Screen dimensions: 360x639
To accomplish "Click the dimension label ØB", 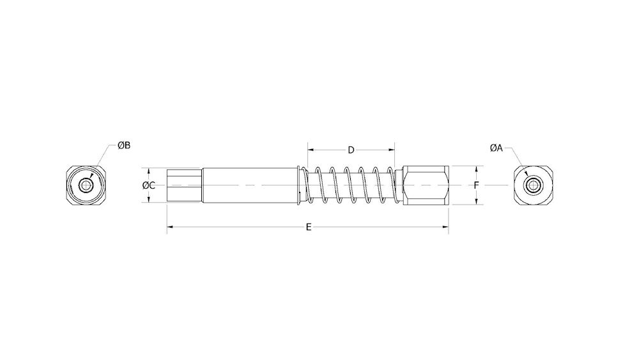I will point(124,146).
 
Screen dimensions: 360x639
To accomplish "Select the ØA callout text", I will point(497,148).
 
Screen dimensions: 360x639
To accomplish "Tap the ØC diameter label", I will point(148,185).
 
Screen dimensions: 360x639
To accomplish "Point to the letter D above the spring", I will point(351,150).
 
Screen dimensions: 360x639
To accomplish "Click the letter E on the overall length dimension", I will point(309,227).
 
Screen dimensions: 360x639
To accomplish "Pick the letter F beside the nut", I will point(477,185).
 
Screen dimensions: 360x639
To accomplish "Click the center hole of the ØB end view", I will point(85,185).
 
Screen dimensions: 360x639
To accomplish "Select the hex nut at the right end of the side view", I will point(426,185).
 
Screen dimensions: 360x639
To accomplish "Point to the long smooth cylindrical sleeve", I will point(249,185).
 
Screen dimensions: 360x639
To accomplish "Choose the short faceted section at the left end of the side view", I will point(184,185).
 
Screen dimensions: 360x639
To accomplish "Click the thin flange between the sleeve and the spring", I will point(300,185).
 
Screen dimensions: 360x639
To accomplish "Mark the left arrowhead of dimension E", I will point(169,227).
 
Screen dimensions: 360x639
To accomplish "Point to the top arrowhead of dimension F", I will point(477,169).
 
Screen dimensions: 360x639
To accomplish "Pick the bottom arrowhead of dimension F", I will point(477,203).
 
